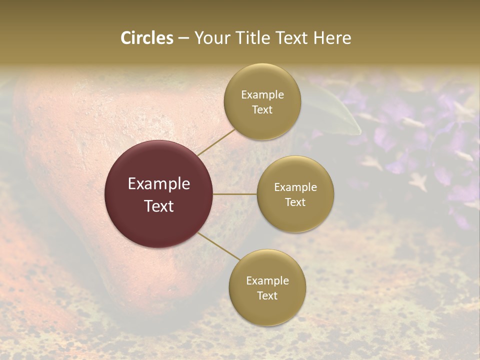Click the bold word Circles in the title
click(147, 38)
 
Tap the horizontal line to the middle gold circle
click(235, 194)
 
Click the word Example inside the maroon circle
click(159, 184)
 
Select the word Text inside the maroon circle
click(159, 206)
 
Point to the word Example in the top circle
click(262, 94)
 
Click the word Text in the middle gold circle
click(295, 202)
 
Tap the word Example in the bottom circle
click(267, 280)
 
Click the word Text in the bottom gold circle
click(267, 295)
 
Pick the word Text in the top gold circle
click(262, 109)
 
